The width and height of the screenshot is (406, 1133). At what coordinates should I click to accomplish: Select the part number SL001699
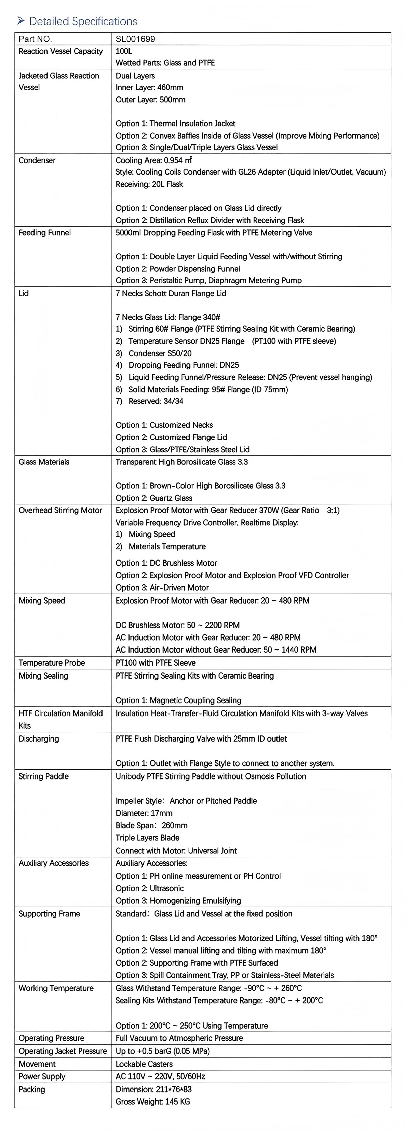click(x=135, y=39)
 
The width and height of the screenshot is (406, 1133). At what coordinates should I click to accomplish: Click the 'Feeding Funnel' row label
click(x=44, y=233)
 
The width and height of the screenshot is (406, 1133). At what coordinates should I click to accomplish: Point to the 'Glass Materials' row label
click(x=44, y=462)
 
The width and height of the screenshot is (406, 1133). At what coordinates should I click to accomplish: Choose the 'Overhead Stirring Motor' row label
click(x=60, y=510)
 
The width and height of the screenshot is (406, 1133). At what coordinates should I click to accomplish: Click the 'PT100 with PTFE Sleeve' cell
click(x=155, y=663)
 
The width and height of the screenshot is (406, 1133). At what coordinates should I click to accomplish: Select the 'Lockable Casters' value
click(x=144, y=1064)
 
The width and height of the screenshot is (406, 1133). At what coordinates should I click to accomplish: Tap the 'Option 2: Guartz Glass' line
click(x=154, y=498)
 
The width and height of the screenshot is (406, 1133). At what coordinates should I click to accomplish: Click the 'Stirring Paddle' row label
click(x=43, y=776)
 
